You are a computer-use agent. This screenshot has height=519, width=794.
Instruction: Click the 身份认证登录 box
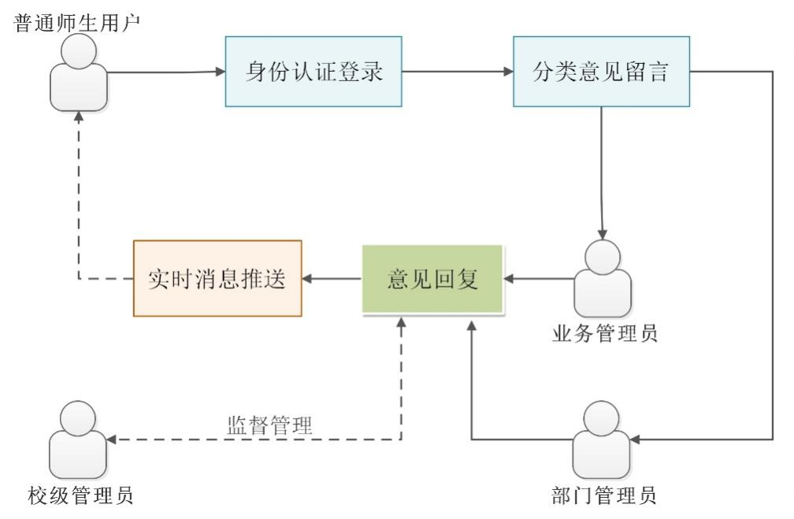click(313, 72)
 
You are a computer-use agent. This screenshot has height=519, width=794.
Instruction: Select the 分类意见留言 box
click(602, 72)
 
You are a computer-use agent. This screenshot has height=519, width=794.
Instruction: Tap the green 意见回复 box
click(432, 279)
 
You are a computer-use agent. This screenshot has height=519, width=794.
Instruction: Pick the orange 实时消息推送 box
click(217, 279)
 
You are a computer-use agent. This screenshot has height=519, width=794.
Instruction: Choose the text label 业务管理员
click(604, 334)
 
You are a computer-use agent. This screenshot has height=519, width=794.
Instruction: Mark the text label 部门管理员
click(604, 495)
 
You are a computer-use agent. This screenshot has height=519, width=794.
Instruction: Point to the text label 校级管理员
click(80, 495)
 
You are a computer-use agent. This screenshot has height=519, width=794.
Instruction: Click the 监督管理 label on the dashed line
click(269, 426)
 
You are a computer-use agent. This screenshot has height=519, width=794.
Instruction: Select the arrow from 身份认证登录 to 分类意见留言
click(457, 72)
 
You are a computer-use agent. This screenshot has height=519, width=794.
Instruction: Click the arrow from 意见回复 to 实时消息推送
click(332, 279)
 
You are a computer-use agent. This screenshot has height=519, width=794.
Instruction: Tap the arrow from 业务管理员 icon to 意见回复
click(539, 279)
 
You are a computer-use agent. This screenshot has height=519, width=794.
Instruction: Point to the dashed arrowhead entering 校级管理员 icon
click(113, 439)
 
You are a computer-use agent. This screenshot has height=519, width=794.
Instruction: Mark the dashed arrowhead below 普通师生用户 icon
click(78, 117)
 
